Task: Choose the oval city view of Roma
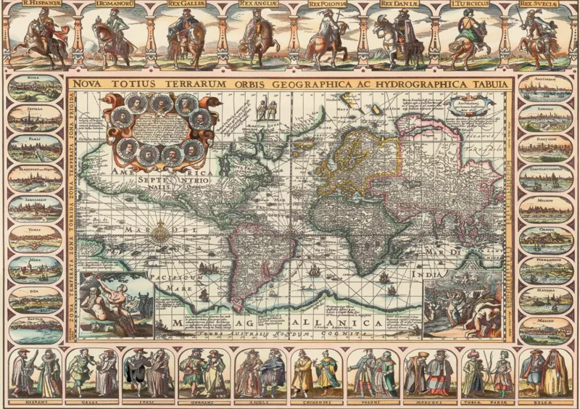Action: (35, 88)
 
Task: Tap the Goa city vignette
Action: (35, 299)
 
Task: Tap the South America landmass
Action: (257, 254)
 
